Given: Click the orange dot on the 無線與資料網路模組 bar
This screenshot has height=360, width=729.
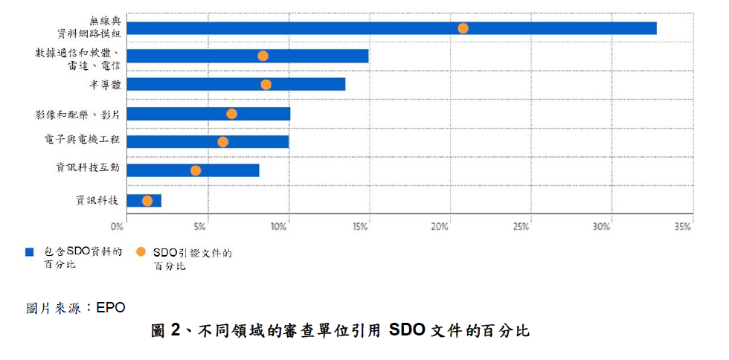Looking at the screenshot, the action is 463,28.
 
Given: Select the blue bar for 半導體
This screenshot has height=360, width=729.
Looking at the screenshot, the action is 236,84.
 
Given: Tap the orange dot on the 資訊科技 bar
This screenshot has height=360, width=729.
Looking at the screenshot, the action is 147,201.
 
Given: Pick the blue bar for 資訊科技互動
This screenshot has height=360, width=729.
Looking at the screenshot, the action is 193,170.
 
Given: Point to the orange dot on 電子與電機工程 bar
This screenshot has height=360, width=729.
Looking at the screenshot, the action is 222,142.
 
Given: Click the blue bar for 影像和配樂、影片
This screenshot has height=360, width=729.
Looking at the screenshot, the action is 208,114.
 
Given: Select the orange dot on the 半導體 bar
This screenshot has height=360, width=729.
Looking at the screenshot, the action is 266,85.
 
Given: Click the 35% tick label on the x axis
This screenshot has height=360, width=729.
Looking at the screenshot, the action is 684,227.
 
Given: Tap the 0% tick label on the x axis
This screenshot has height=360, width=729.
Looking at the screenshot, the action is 118,227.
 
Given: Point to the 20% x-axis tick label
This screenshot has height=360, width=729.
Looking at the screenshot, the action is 440,227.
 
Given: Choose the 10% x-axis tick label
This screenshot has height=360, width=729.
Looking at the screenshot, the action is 278,227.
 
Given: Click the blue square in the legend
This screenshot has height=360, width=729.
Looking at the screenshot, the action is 30,251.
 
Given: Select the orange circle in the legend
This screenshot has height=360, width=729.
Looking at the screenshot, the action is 141,251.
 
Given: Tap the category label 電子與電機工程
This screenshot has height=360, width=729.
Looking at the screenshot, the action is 77,140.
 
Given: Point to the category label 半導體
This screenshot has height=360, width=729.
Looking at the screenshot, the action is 105,84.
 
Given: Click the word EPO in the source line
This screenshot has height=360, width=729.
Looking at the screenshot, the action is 111,308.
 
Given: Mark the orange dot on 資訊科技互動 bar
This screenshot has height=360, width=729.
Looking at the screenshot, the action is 196,170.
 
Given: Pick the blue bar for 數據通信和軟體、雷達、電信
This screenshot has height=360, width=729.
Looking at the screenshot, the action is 247,56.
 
